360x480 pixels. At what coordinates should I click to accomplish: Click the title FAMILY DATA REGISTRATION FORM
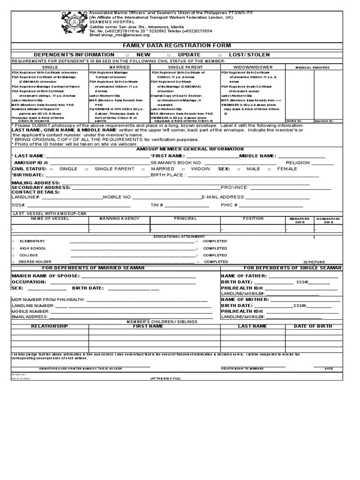click(x=177, y=45)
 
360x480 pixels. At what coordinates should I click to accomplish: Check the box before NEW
click(x=122, y=55)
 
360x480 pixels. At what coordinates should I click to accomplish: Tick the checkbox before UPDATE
click(x=169, y=55)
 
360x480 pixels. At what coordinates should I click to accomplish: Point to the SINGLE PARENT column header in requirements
click(x=185, y=67)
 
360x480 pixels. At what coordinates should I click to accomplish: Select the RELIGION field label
click(x=298, y=163)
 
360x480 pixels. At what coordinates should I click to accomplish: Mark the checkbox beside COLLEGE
click(x=13, y=255)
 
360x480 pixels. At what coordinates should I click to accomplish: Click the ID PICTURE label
click(x=314, y=262)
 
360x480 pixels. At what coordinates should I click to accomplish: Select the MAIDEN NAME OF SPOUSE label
click(x=40, y=276)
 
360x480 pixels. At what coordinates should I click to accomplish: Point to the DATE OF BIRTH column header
click(x=313, y=326)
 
